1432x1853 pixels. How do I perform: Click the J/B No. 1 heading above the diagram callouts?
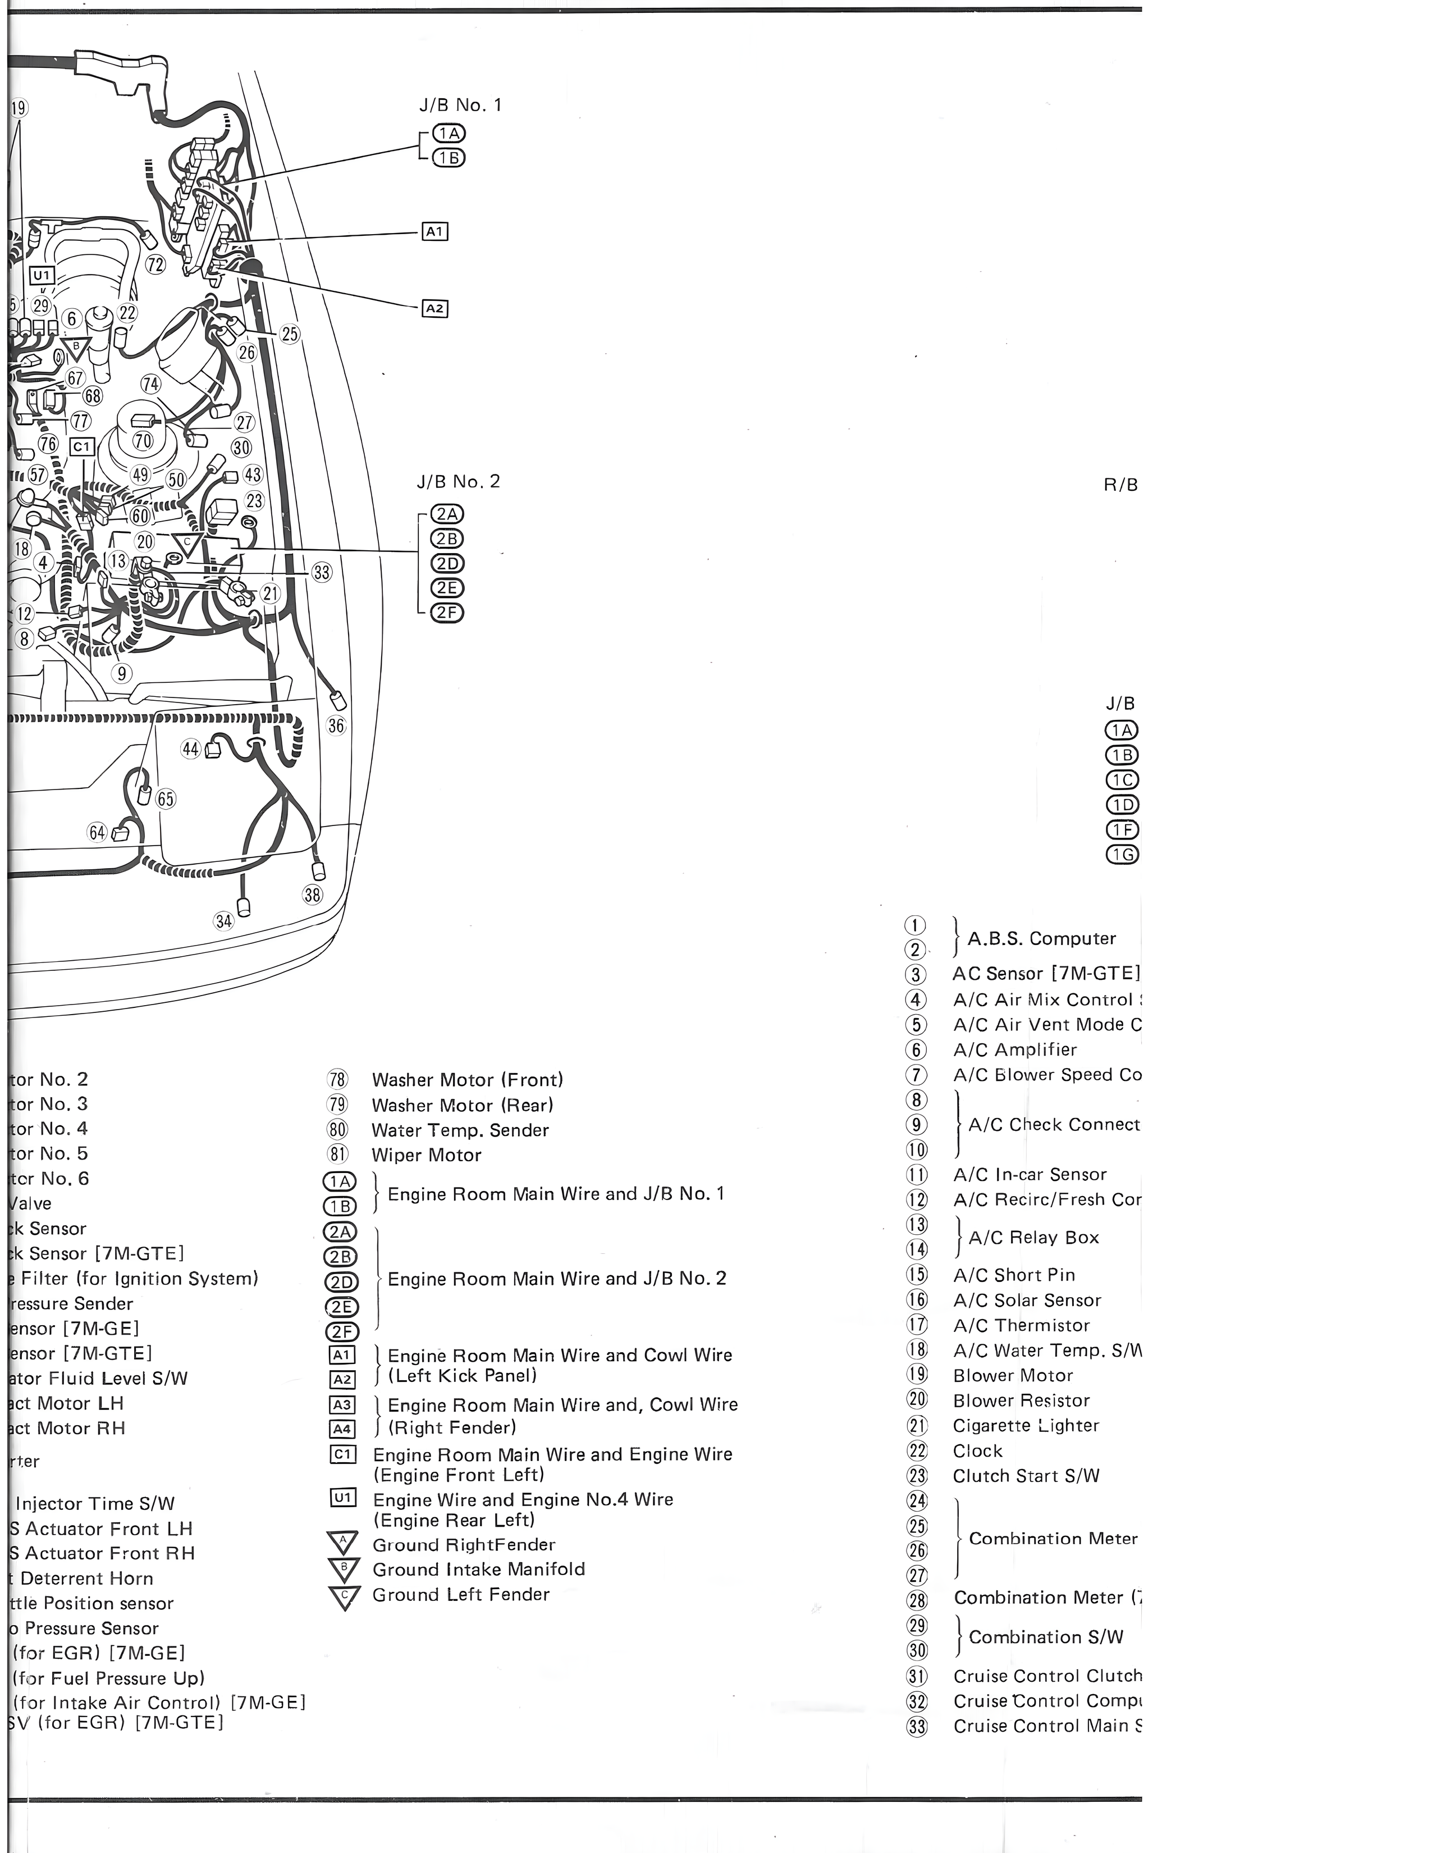click(x=460, y=105)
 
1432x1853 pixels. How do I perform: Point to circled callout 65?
click(x=166, y=799)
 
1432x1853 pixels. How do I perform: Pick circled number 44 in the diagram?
click(x=191, y=748)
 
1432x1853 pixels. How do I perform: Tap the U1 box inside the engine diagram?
click(x=43, y=275)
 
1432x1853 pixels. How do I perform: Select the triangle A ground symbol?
click(x=344, y=1543)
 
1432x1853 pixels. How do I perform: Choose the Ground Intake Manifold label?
click(x=478, y=1569)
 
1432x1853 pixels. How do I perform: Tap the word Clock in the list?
click(x=977, y=1451)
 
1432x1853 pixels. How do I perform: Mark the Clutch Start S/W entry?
click(x=1026, y=1476)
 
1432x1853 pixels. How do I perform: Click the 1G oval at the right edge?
click(x=1122, y=855)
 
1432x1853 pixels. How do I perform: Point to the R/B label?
click(x=1120, y=485)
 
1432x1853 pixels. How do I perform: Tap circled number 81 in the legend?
click(x=337, y=1154)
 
